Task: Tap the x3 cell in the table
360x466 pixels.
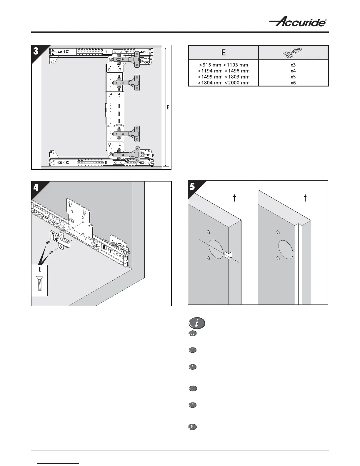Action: point(293,65)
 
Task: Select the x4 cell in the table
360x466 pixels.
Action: point(293,71)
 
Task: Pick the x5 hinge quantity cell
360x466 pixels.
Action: point(293,77)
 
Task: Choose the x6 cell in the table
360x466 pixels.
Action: point(293,83)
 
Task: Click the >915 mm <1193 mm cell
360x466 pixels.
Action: point(223,65)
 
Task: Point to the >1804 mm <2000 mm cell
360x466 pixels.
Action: point(223,83)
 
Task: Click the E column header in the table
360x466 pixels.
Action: point(223,53)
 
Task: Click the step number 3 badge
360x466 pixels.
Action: point(36,51)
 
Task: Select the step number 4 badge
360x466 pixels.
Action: point(36,187)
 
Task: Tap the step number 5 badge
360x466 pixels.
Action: point(192,187)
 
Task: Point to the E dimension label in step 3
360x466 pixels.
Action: point(168,108)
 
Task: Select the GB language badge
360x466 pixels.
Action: point(192,334)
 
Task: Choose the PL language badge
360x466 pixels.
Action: point(192,427)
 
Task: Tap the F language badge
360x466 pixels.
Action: point(192,367)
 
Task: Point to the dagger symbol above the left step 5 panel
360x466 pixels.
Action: point(234,198)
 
